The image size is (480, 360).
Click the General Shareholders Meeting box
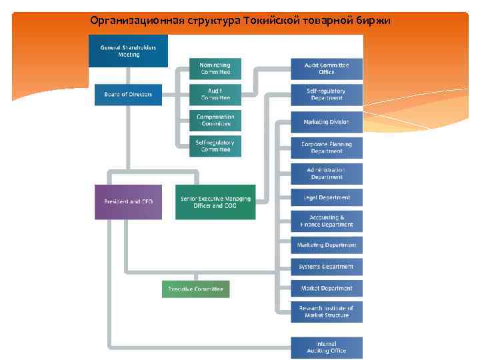(128, 51)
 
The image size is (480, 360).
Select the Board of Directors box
(128, 95)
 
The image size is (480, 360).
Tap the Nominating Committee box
(215, 69)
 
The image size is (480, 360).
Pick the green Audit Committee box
(215, 94)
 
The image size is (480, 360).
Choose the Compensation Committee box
(215, 120)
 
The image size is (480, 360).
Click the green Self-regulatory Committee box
(215, 146)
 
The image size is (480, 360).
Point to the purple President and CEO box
(128, 201)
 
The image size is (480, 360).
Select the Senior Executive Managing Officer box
(215, 202)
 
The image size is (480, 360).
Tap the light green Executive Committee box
(195, 289)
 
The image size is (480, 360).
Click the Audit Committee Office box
(327, 69)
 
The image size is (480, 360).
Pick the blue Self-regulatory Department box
(327, 94)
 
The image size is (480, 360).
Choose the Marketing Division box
(327, 122)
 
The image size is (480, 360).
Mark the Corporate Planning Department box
(327, 147)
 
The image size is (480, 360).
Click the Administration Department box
(327, 173)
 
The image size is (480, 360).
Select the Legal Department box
(327, 197)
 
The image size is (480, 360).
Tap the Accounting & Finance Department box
(327, 221)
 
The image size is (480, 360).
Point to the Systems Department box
(327, 267)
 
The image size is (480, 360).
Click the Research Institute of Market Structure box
(327, 311)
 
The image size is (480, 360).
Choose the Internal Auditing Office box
(327, 347)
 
